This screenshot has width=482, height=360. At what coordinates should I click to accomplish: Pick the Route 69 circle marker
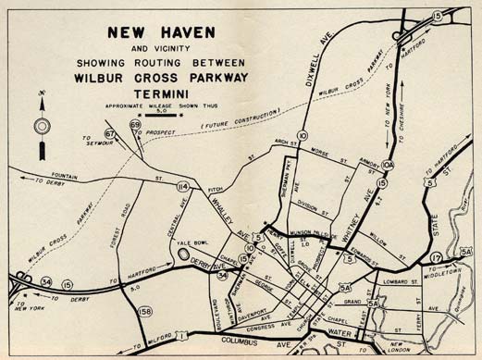pos(135,125)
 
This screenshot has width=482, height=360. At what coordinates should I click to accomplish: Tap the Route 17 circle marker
pos(436,257)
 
